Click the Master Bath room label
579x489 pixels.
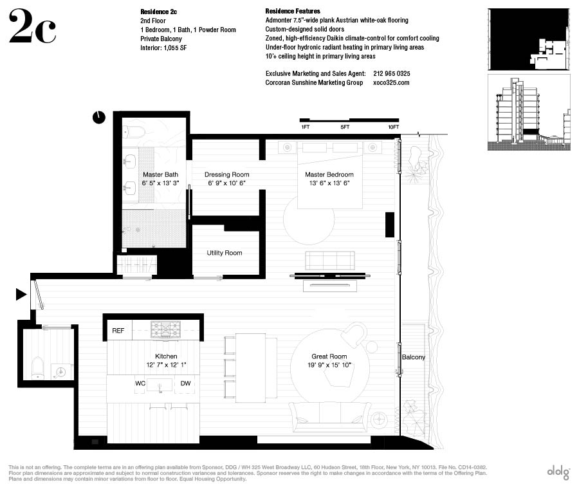coord(160,174)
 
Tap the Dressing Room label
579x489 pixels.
coord(226,174)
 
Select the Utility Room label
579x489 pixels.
coord(225,253)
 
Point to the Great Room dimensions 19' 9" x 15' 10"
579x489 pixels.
coord(329,365)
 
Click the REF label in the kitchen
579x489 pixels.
coord(118,331)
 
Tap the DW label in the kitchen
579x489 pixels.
coord(185,383)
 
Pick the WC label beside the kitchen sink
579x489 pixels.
coord(140,383)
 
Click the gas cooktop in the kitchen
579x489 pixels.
coord(166,329)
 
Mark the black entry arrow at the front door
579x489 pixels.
coord(21,294)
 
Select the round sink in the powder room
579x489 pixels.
coord(59,371)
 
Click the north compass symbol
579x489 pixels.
coord(98,118)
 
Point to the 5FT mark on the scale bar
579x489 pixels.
coord(345,127)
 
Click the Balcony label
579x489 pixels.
coord(413,357)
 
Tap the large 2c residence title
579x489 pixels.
coord(33,26)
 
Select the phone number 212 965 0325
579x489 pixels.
coord(391,73)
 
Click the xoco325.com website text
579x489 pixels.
coord(391,82)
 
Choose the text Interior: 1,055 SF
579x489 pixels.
coord(163,48)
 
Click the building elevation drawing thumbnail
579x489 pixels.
coord(529,113)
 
